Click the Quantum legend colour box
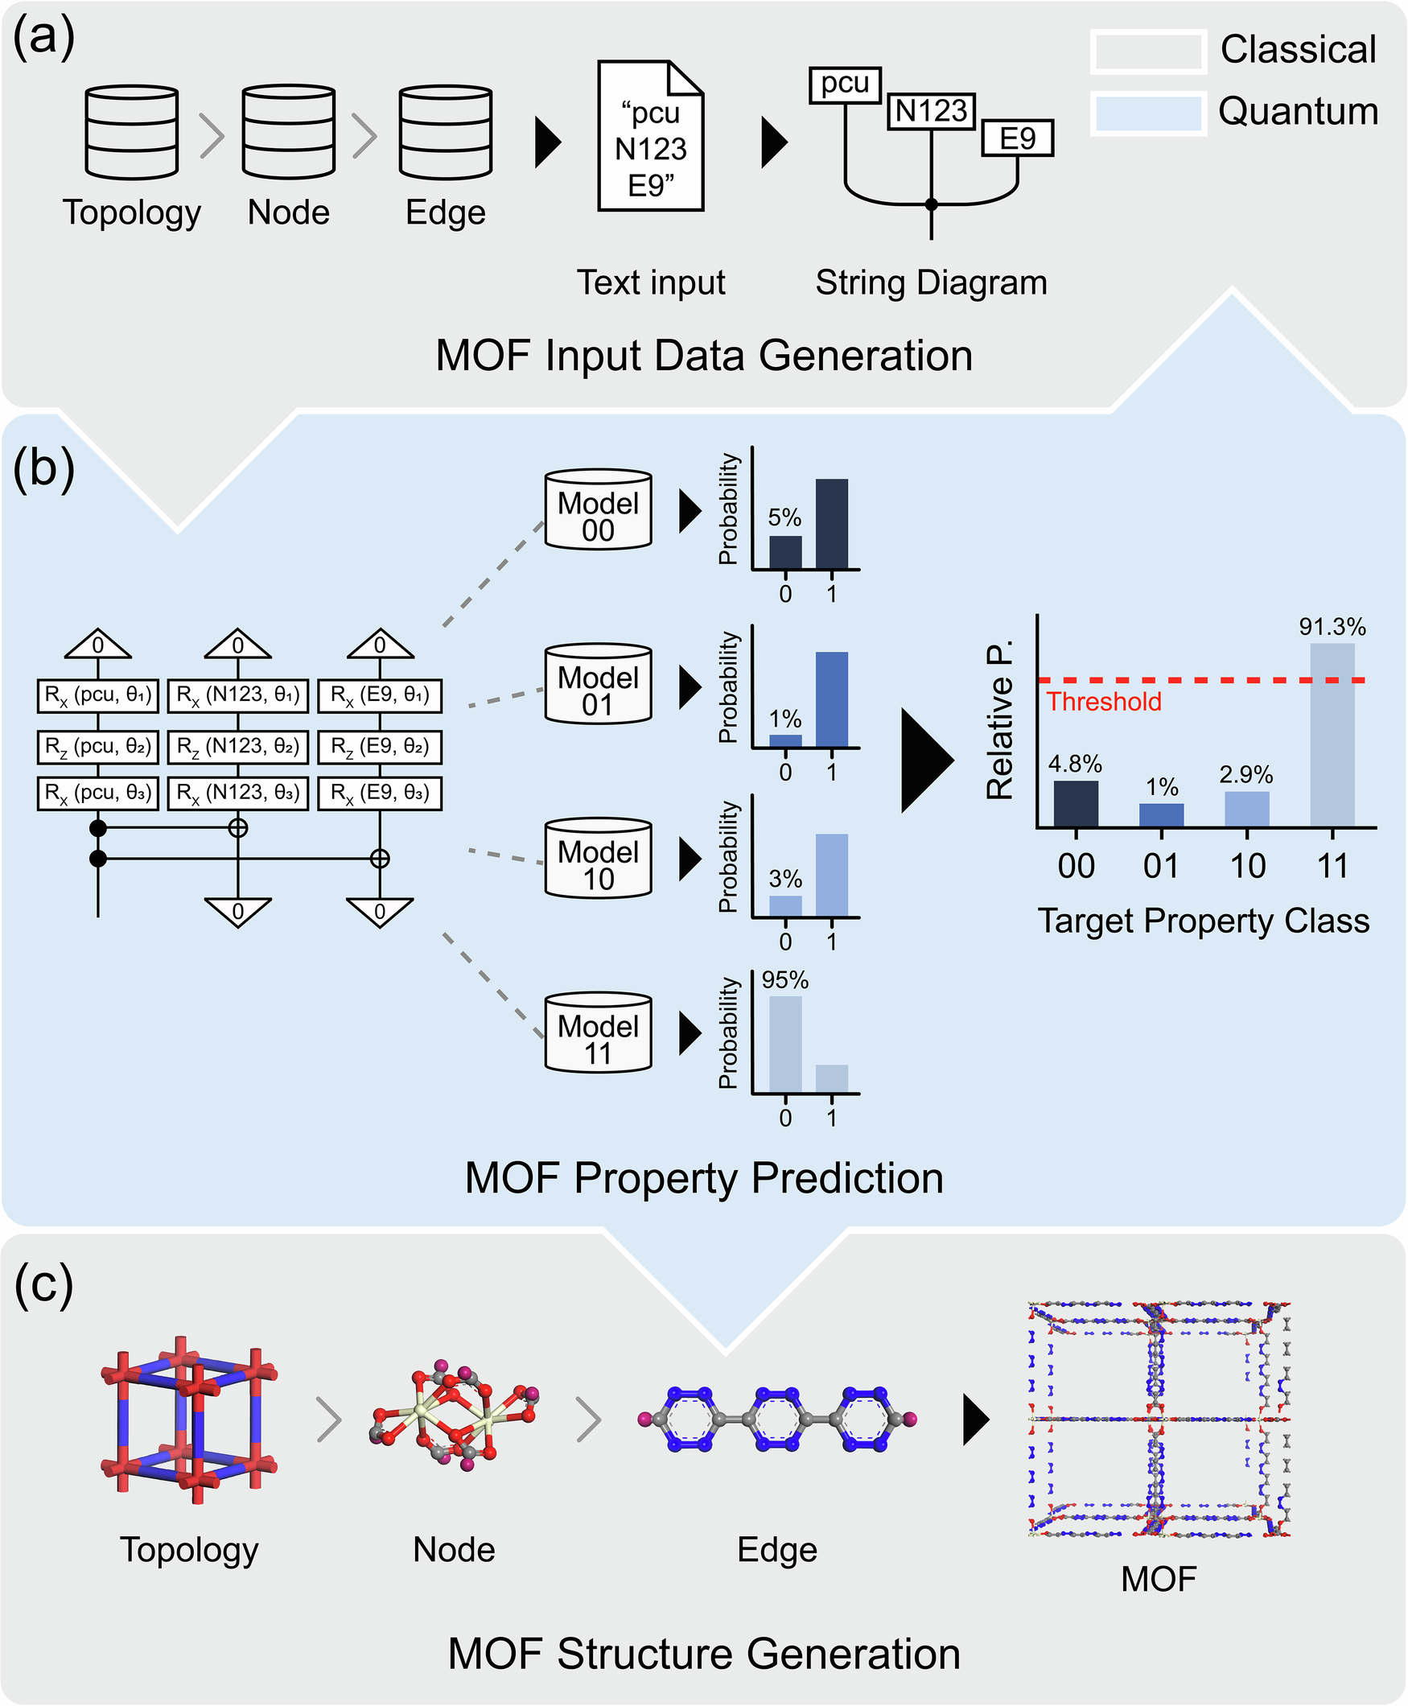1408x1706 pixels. point(1147,113)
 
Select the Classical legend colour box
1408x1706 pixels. point(1147,52)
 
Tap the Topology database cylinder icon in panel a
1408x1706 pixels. point(131,131)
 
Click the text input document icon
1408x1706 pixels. point(650,136)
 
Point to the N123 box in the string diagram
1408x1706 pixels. point(931,111)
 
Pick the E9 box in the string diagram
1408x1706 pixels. point(1017,138)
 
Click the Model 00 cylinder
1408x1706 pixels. point(599,509)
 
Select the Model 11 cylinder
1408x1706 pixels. point(599,1032)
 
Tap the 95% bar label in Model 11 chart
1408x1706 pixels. point(784,980)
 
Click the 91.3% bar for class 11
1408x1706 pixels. point(1332,734)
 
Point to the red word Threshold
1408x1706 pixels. point(1104,702)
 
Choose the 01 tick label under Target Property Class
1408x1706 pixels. point(1161,867)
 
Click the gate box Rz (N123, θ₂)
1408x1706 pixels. point(237,746)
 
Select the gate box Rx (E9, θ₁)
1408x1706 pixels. point(380,695)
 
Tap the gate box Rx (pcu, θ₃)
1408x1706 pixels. point(97,793)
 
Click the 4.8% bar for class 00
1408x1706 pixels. point(1076,803)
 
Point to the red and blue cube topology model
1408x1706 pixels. point(189,1420)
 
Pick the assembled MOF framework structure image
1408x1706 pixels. point(1159,1419)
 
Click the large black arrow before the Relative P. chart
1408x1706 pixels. point(926,760)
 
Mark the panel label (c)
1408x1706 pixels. point(43,1284)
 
